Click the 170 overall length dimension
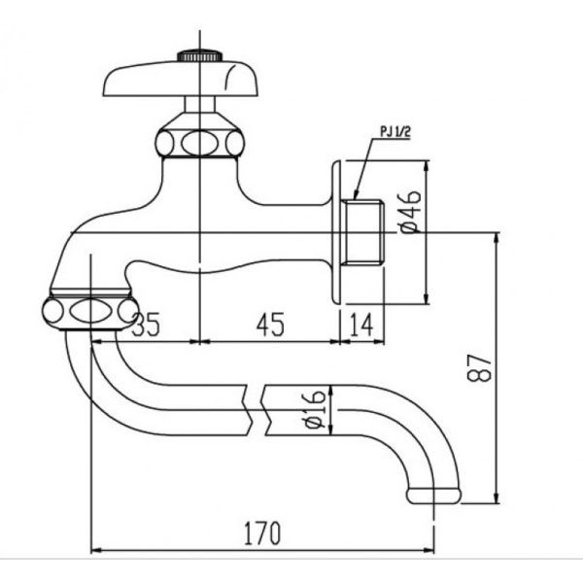click(x=262, y=533)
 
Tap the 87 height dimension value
click(x=480, y=367)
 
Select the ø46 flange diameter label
click(x=411, y=212)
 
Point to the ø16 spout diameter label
click(x=315, y=409)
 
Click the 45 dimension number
click(x=270, y=325)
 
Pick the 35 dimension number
click(x=147, y=325)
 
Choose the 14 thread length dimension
click(x=361, y=325)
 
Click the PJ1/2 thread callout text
click(x=395, y=132)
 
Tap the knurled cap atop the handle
click(x=200, y=55)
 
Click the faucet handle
click(x=181, y=79)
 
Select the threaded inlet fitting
click(x=362, y=232)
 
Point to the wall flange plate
click(x=336, y=232)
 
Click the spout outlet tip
click(x=434, y=495)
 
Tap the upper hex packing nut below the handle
click(x=199, y=143)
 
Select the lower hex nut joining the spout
click(x=90, y=311)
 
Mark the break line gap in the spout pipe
click(x=257, y=410)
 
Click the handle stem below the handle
click(x=199, y=105)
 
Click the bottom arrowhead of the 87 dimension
click(x=496, y=497)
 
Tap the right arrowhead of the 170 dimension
click(x=429, y=550)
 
